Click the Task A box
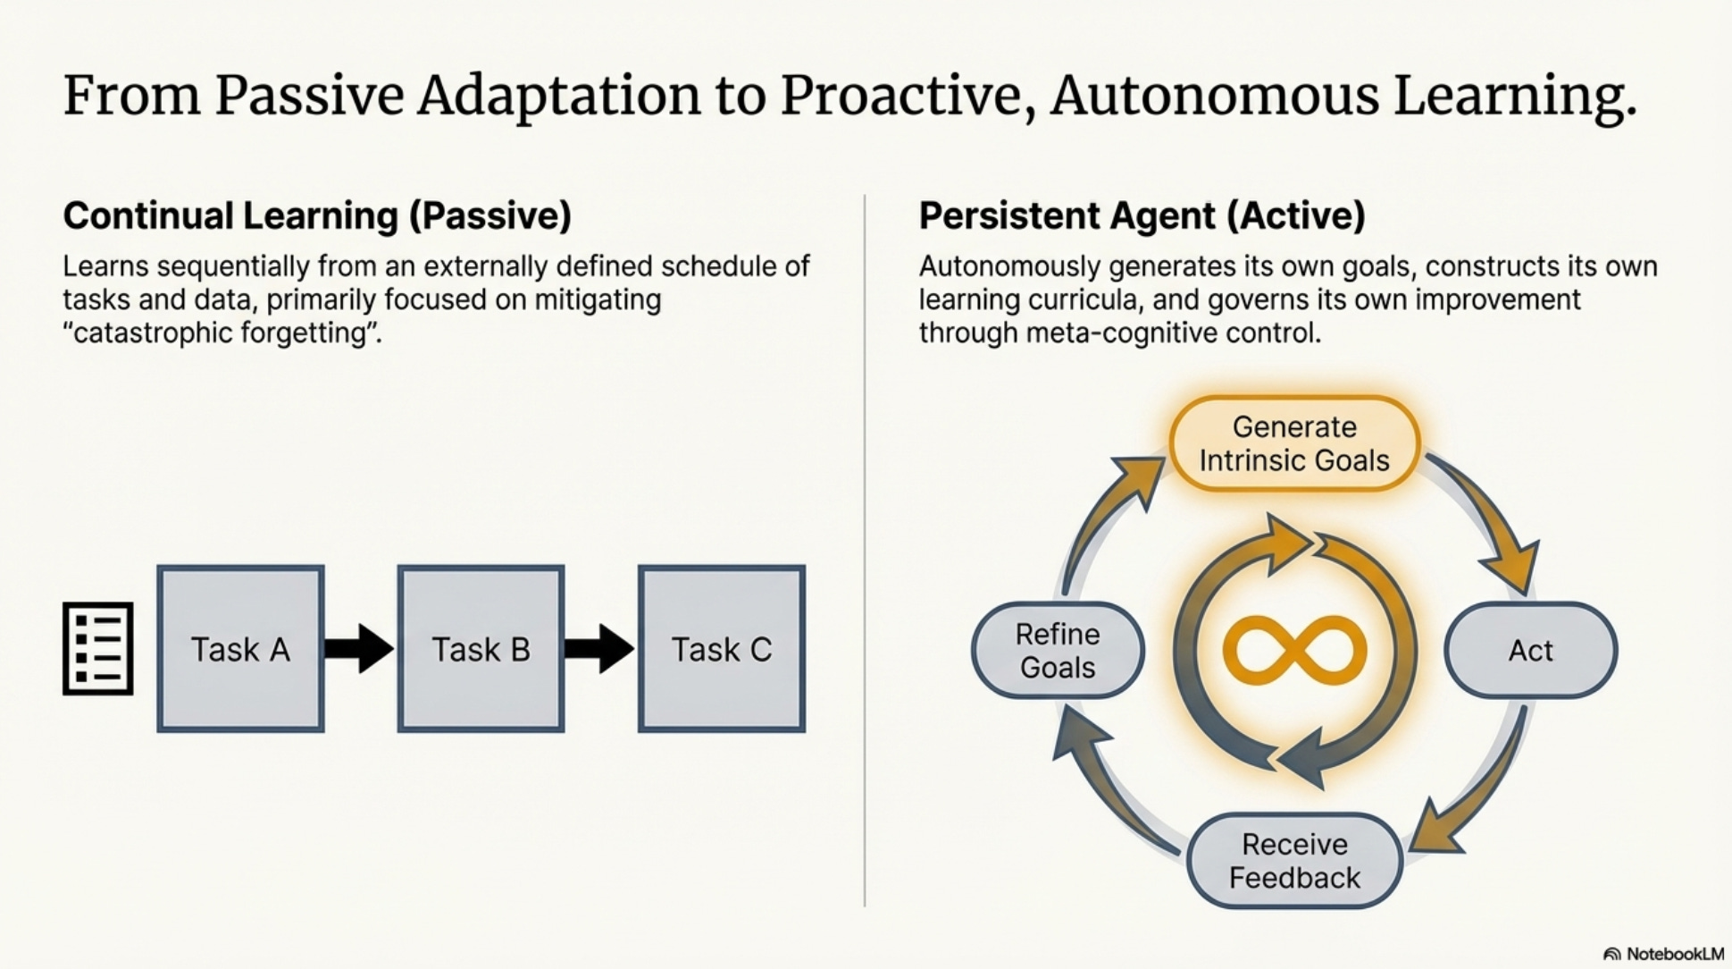click(x=240, y=649)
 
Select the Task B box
click(x=481, y=649)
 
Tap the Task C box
click(x=722, y=649)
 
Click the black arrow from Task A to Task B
click(x=359, y=648)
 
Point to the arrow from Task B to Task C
click(x=599, y=648)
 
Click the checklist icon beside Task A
click(x=98, y=649)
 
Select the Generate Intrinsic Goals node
click(x=1294, y=443)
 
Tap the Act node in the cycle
click(x=1530, y=650)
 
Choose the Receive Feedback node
click(x=1294, y=861)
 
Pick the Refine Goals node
click(x=1058, y=650)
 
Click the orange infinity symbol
click(x=1294, y=650)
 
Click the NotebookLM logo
click(x=1663, y=954)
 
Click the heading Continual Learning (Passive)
click(x=317, y=216)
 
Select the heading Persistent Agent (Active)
click(x=1142, y=216)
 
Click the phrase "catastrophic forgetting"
click(x=222, y=333)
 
